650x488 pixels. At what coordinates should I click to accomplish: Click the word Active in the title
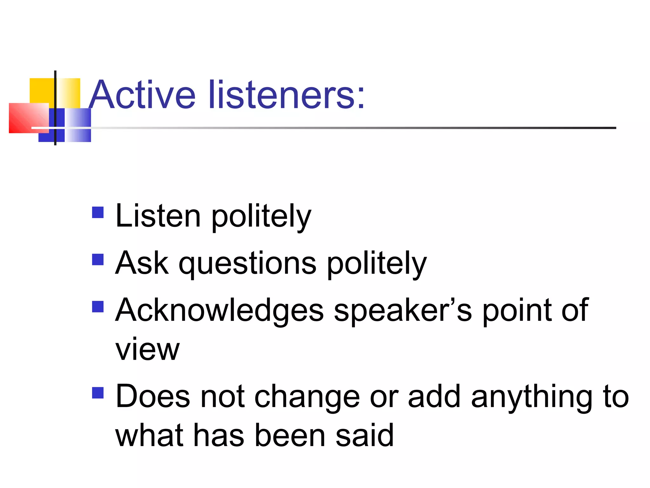pos(142,95)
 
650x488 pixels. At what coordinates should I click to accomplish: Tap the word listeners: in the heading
pos(287,95)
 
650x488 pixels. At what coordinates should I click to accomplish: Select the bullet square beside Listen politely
pos(98,213)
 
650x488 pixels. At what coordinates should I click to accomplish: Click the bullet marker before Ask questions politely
pos(98,260)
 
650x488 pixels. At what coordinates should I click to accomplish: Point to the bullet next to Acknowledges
pos(98,307)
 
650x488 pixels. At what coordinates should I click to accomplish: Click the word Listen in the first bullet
pos(158,216)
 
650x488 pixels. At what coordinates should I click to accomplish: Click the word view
pos(147,349)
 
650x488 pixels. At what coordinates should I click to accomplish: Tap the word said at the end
pos(365,435)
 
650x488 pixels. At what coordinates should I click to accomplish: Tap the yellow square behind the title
pos(41,90)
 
